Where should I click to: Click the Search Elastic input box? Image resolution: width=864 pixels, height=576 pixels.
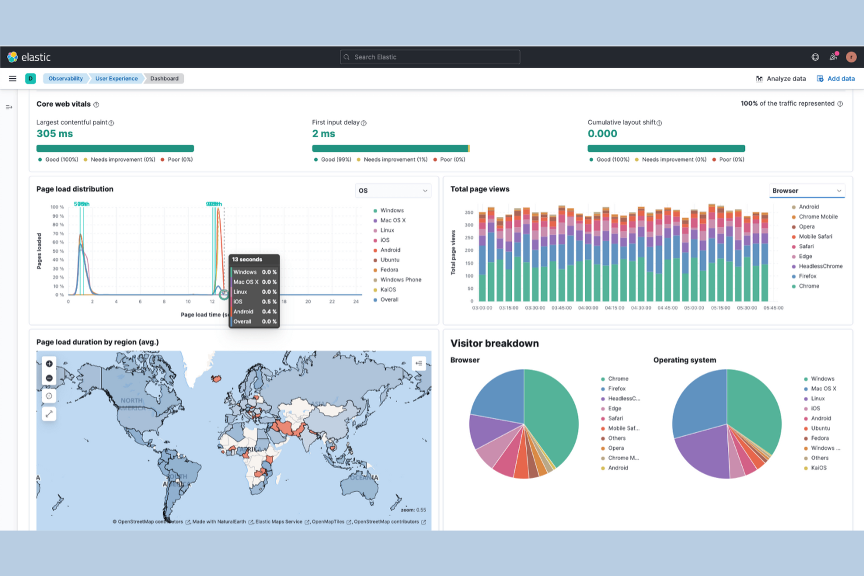click(x=430, y=57)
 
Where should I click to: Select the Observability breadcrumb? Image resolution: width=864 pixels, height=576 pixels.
click(x=65, y=79)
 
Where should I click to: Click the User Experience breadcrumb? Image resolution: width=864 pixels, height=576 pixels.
click(x=116, y=79)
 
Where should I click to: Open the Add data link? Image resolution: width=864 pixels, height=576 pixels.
click(x=836, y=79)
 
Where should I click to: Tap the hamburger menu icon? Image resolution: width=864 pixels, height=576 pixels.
click(x=12, y=79)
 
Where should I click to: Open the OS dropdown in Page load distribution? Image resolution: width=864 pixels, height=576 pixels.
click(x=393, y=191)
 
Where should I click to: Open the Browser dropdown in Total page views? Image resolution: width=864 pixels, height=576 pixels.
click(x=806, y=191)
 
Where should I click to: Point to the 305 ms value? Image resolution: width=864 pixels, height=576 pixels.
click(x=55, y=134)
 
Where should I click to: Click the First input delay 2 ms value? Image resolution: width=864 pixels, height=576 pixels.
click(x=323, y=134)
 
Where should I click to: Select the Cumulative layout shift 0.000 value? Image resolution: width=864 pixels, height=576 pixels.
click(x=602, y=134)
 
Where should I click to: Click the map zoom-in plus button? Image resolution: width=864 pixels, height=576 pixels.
click(x=49, y=364)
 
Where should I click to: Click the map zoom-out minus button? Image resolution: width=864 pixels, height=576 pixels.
click(x=49, y=378)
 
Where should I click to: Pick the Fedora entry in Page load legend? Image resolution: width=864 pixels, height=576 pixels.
click(x=389, y=270)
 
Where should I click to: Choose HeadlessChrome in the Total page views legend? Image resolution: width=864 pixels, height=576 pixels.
click(x=820, y=266)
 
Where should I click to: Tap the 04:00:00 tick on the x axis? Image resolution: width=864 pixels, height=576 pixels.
click(x=588, y=308)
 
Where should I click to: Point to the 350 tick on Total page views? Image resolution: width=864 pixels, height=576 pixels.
click(x=469, y=212)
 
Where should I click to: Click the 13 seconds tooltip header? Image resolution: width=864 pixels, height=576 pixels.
click(x=248, y=260)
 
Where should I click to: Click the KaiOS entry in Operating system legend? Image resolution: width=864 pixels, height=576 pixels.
click(x=818, y=468)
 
